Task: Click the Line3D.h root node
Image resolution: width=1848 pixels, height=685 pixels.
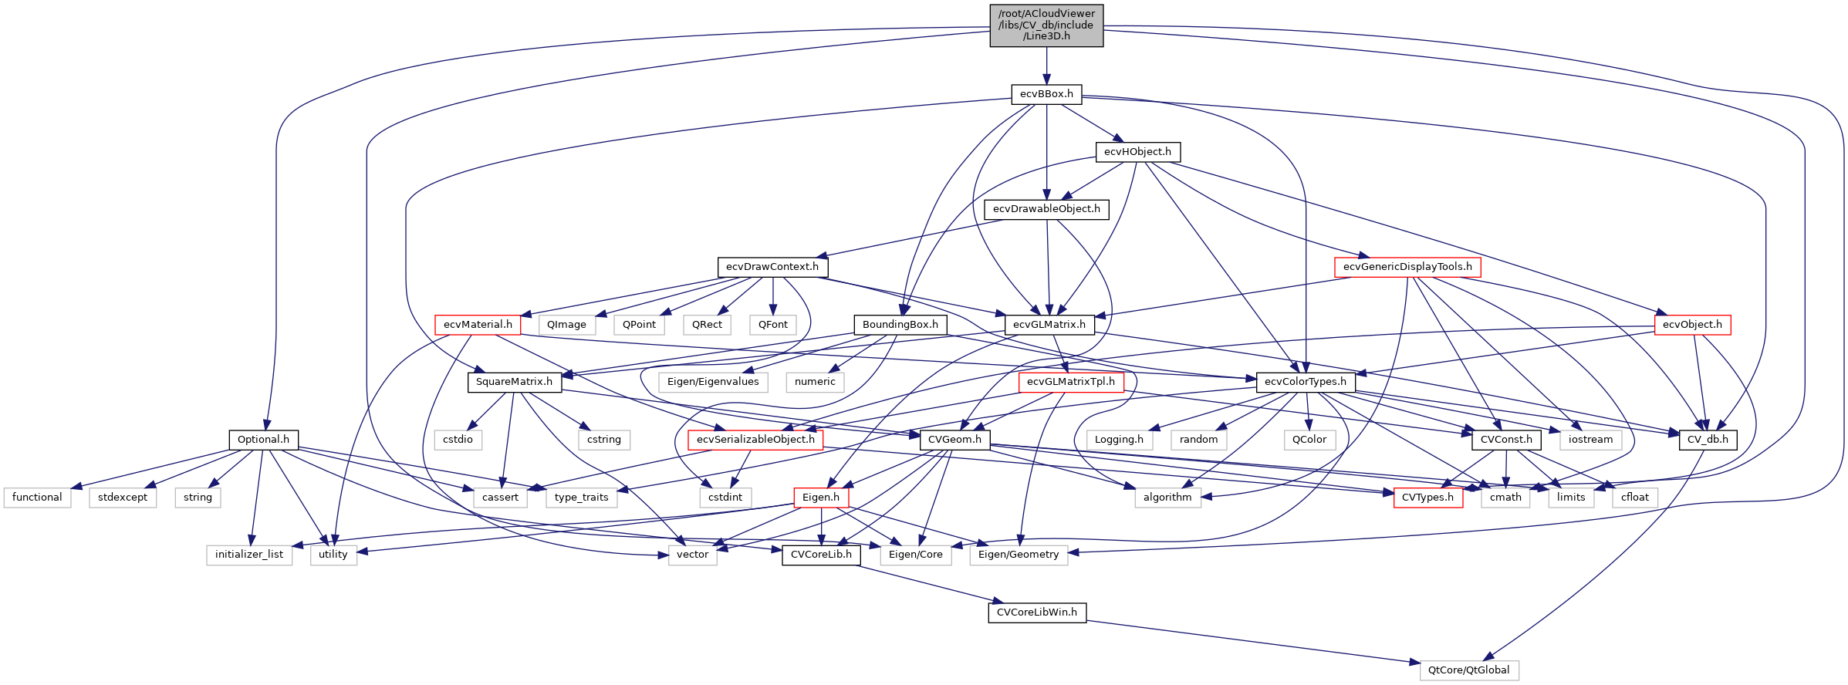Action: pos(1046,25)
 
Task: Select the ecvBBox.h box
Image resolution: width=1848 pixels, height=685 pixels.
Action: pos(1046,94)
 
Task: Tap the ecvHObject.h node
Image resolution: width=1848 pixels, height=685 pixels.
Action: pos(1137,152)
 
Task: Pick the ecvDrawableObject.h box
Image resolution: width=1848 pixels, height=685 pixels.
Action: pos(1046,209)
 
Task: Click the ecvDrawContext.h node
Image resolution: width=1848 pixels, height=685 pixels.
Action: pos(772,267)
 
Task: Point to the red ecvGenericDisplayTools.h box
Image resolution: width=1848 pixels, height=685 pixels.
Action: pos(1407,267)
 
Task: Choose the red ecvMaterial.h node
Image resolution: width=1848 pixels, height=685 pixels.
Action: pos(478,325)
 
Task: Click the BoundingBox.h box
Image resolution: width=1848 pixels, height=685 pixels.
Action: pos(900,325)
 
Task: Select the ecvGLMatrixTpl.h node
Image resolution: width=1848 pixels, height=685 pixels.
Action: pos(1070,382)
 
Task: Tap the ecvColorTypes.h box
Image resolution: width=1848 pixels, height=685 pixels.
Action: pos(1306,382)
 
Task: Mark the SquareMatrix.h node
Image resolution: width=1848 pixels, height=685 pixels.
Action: pos(514,382)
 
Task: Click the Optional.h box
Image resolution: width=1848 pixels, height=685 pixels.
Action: pos(263,440)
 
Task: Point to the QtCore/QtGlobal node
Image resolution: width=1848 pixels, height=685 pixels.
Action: pos(1468,670)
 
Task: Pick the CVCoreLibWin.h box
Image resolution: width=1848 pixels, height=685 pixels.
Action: pos(1036,612)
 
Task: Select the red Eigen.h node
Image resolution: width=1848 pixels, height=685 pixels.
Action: pos(821,498)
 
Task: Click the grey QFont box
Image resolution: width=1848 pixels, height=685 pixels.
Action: pos(772,325)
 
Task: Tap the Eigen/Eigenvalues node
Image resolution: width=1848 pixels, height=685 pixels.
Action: pos(713,382)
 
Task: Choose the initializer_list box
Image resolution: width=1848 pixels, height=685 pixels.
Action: pos(248,555)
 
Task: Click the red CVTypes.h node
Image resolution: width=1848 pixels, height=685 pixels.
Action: pos(1427,498)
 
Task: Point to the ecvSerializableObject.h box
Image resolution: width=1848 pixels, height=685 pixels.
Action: pos(755,440)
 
